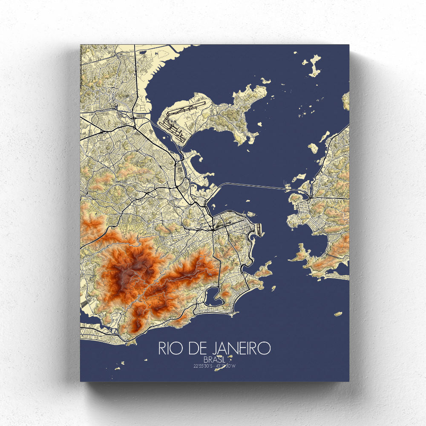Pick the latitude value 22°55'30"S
pyautogui.click(x=201, y=366)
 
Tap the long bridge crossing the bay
pyautogui.click(x=256, y=185)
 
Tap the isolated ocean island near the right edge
pyautogui.click(x=338, y=314)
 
